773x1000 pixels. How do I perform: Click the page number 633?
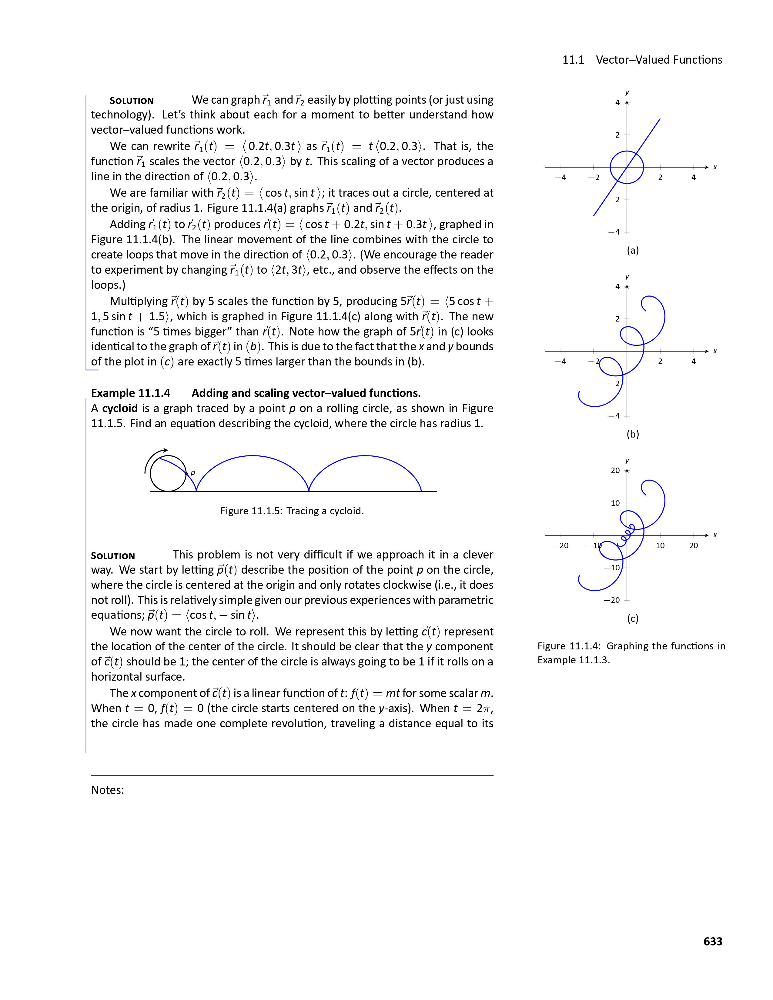pos(713,941)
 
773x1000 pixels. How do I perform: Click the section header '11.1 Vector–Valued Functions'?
pos(642,60)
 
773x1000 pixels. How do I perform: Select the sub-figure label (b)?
pos(632,434)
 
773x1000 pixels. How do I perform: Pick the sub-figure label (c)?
pos(632,618)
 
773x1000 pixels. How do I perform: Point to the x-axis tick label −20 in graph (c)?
pos(560,545)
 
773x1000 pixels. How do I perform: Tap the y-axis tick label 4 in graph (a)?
pos(617,102)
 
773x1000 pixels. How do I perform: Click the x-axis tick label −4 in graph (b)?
pos(560,361)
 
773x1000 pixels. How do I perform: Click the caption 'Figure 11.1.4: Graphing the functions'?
pos(631,646)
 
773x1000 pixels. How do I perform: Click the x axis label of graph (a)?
pos(715,167)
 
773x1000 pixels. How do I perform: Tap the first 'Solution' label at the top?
pos(132,101)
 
